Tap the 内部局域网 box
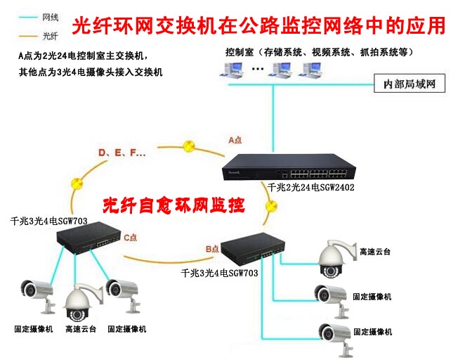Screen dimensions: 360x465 (x=410, y=84)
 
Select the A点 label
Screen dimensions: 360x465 (x=235, y=140)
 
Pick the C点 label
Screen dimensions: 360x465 (x=131, y=238)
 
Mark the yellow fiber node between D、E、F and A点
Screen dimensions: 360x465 (x=188, y=146)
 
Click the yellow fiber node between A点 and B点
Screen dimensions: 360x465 (x=272, y=206)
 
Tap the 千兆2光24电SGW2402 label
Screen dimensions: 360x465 (x=311, y=188)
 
